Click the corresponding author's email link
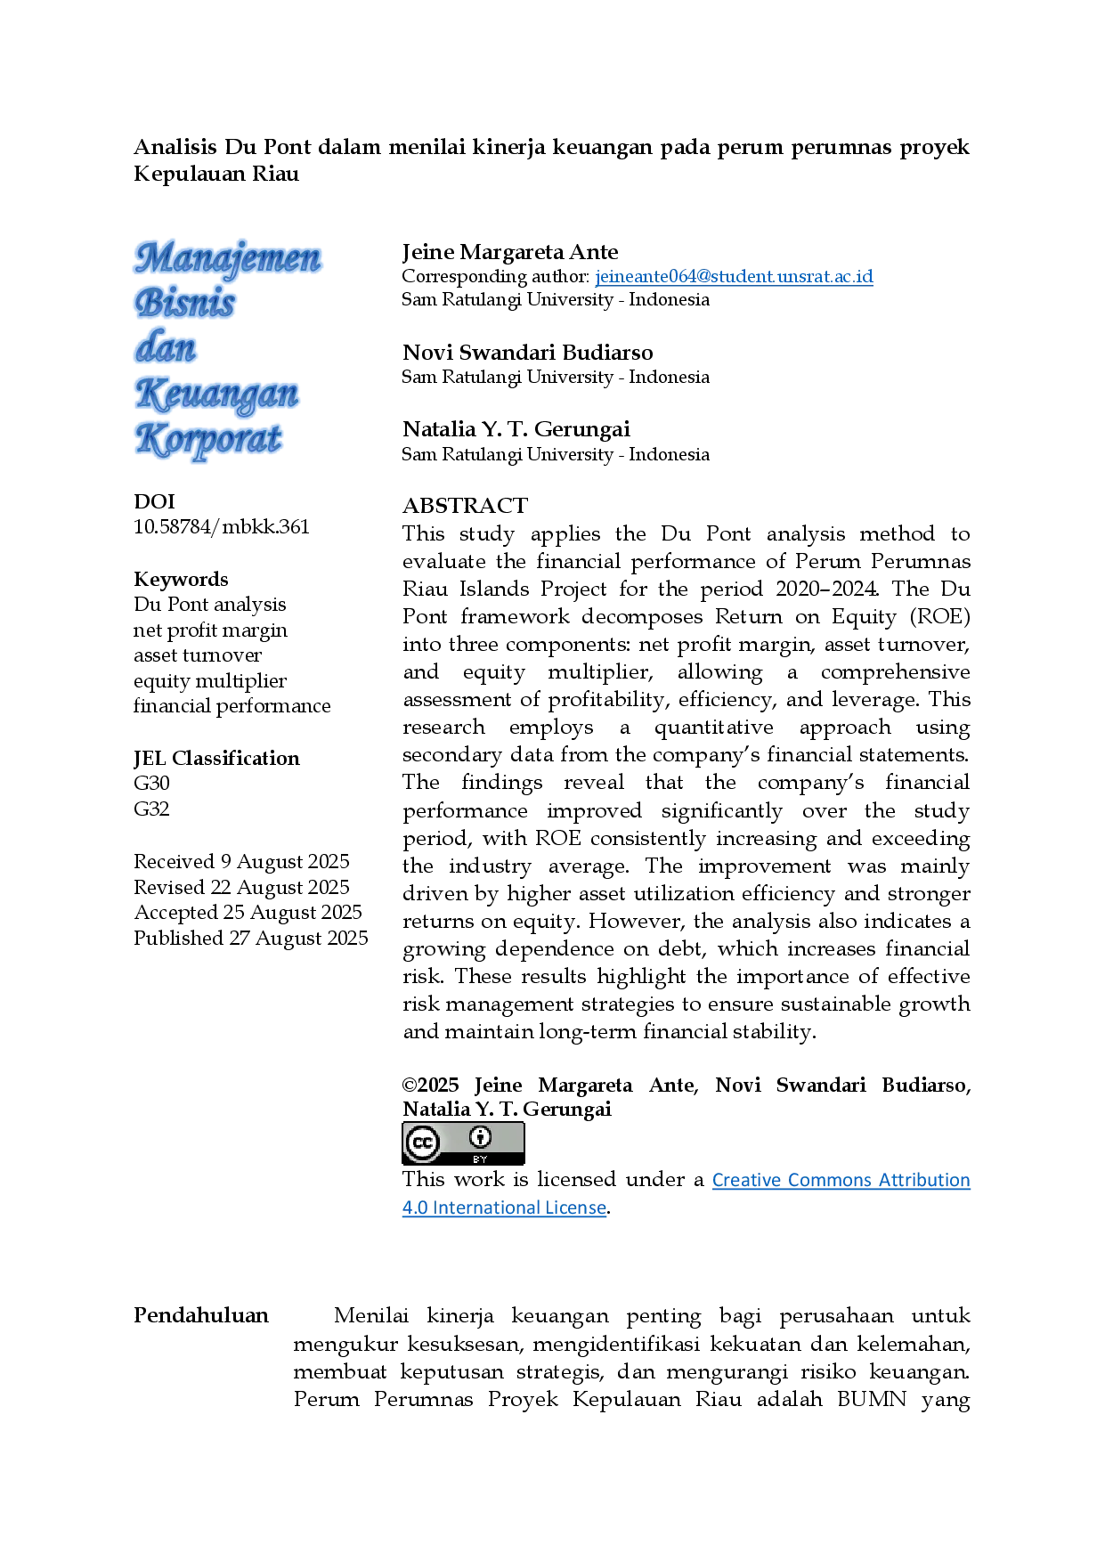coord(734,276)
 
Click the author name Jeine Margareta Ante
coord(510,252)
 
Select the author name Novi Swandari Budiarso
coord(528,353)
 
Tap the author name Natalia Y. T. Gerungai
coord(516,429)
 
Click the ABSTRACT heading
coord(465,506)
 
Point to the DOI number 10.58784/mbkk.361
coord(222,526)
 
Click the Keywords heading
coord(181,579)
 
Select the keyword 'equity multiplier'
coord(210,681)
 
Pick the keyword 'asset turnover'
coord(198,655)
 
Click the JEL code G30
coord(151,783)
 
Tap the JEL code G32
coord(151,809)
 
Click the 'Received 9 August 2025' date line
coord(241,861)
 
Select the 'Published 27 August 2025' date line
coord(251,938)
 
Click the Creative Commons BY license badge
coord(463,1143)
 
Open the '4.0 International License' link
coord(504,1207)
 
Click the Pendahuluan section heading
coord(201,1315)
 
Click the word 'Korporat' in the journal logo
coord(209,440)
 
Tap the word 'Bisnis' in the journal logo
coord(185,302)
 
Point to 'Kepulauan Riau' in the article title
coord(216,174)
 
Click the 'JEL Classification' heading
coord(216,758)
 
